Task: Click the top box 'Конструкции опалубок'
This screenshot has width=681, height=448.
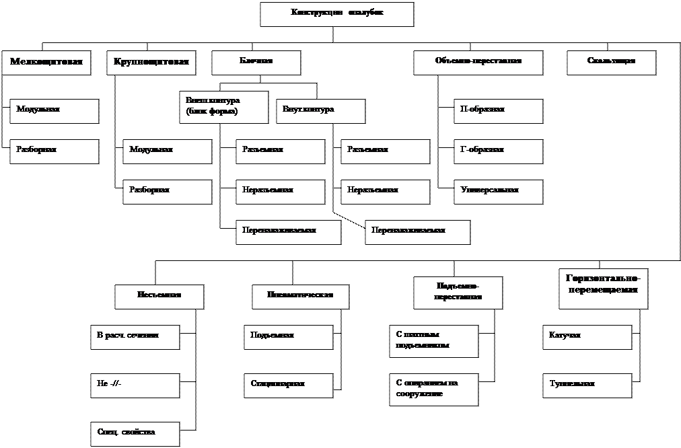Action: point(336,14)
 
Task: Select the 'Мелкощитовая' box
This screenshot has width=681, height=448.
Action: point(46,63)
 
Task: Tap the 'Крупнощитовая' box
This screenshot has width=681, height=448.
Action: point(151,63)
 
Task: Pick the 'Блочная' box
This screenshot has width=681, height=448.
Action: point(256,63)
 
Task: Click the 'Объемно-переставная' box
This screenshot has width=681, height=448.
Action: point(478,63)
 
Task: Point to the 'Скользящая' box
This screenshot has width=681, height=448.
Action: point(611,63)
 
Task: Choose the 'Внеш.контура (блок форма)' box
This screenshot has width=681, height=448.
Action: point(223,107)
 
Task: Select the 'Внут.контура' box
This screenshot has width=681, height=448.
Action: point(320,111)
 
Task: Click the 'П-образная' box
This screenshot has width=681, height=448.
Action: point(498,111)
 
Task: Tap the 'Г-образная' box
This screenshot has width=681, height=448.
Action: point(498,151)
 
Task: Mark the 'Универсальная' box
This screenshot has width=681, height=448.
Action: point(498,192)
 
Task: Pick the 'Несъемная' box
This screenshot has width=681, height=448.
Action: point(159,297)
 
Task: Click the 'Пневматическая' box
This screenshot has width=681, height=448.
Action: point(301,297)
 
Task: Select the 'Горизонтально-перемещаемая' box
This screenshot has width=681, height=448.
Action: point(603,289)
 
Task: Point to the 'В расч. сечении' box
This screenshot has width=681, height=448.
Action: point(135,337)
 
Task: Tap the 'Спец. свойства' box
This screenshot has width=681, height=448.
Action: point(135,434)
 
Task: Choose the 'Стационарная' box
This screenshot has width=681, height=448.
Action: point(288,385)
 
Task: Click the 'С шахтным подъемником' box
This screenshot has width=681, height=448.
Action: point(433,341)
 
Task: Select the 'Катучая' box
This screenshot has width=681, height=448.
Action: point(587,337)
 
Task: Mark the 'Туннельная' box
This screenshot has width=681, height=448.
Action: point(587,385)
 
